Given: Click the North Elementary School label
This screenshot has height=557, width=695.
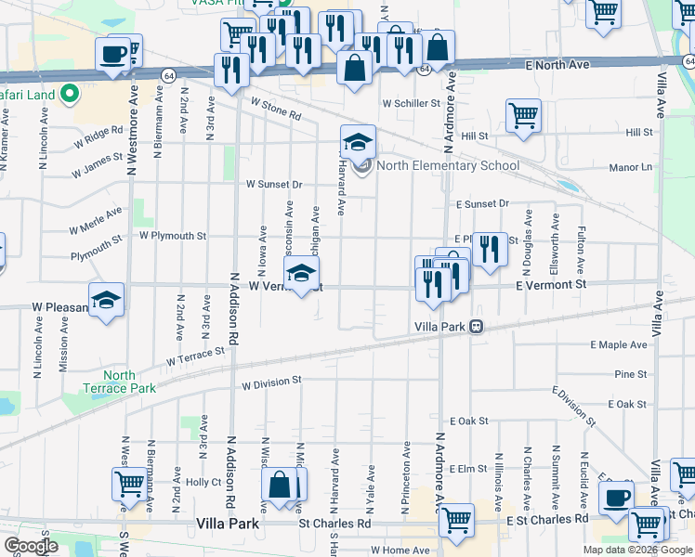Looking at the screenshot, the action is coord(448,166).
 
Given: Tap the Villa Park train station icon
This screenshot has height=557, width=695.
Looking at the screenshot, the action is coord(476,327).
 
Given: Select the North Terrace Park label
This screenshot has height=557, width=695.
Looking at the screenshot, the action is coord(120,382).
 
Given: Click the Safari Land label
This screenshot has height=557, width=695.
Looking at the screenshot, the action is coord(28,94).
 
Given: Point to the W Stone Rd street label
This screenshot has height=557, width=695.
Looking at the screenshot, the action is coord(276,110).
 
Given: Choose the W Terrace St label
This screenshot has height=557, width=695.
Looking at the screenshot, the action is coord(196,356).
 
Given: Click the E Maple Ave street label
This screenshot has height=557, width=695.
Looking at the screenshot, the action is coord(618,345).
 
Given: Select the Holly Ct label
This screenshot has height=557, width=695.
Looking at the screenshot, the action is coord(203,482).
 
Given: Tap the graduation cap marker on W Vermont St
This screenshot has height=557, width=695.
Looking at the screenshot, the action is coord(300,274).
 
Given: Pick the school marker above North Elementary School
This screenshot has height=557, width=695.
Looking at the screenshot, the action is coord(358,141).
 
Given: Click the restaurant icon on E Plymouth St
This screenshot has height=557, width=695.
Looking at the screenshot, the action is coord(490,248).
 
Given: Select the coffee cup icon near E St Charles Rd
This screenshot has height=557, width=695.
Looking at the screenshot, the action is coord(615,497).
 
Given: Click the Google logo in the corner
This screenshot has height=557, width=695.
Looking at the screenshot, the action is coord(31,546).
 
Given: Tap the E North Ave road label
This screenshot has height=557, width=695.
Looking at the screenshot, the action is coord(557,65).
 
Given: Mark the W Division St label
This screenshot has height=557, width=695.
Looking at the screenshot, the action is coord(272,382).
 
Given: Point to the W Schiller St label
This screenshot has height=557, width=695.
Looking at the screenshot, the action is coord(410,104).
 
